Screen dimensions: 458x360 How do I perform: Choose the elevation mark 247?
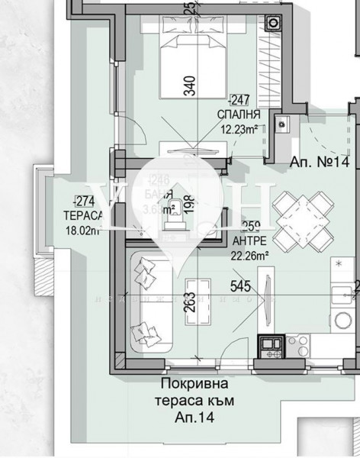[239, 98]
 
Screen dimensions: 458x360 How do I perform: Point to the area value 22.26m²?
[249, 254]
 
